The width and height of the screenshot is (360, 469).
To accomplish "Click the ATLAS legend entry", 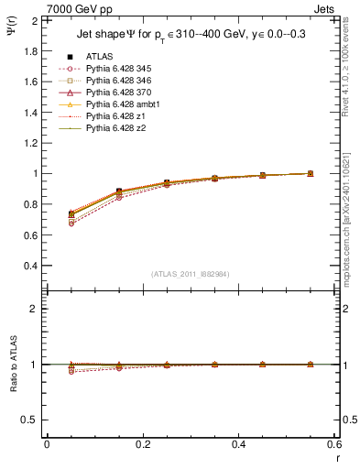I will pyautogui.click(x=101, y=57).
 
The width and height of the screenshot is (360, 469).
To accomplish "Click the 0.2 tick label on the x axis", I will pyautogui.click(x=142, y=443).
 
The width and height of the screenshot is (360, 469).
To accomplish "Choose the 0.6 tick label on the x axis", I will pyautogui.click(x=334, y=443).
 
